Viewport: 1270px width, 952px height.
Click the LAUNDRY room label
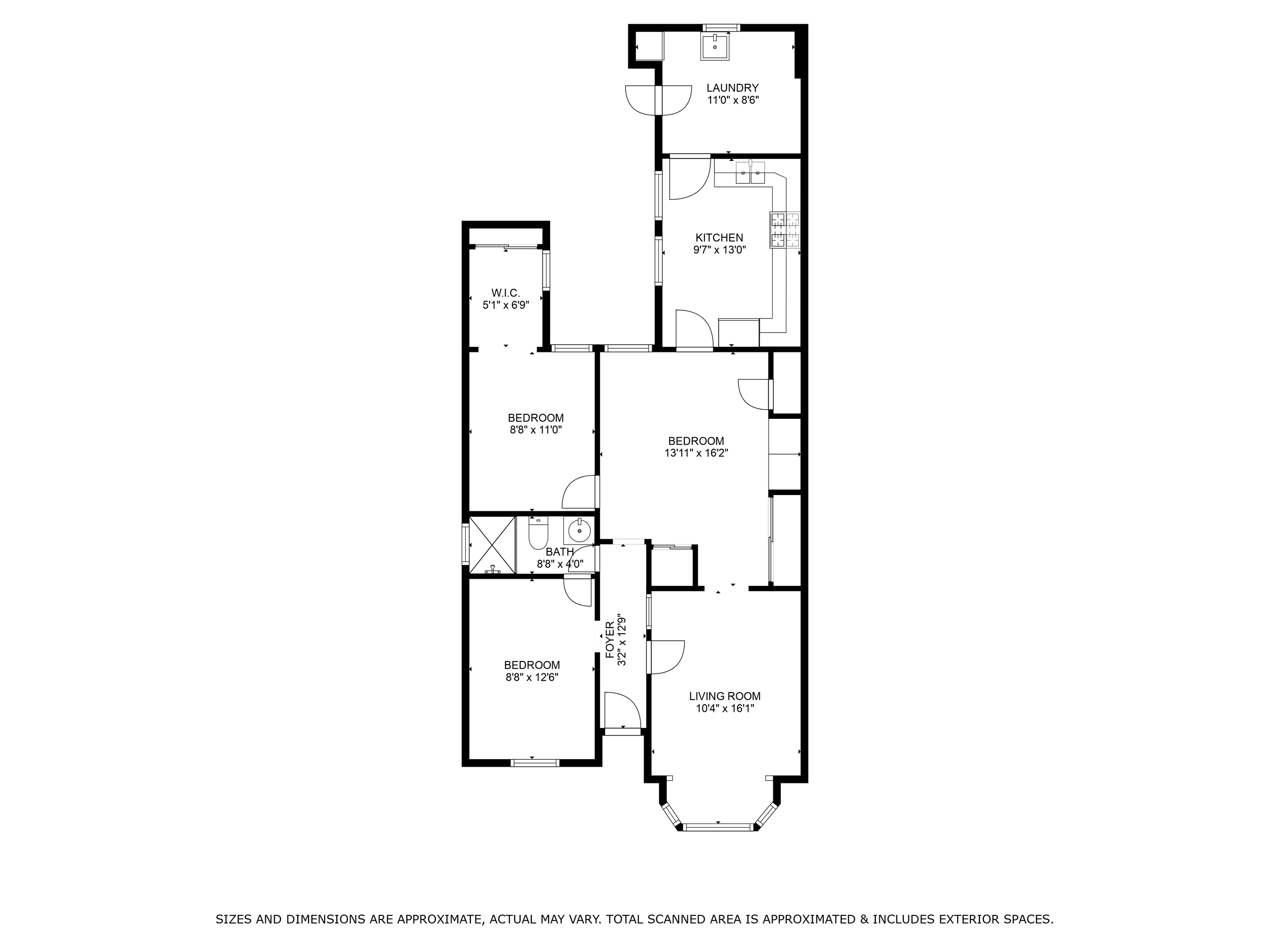click(x=732, y=88)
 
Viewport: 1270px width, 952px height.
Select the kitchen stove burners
click(x=785, y=230)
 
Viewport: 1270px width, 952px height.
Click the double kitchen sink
click(x=750, y=173)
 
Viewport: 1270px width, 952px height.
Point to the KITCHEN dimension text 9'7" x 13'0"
click(x=719, y=250)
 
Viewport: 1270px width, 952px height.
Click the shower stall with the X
click(x=493, y=545)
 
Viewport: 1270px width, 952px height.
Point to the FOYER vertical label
click(x=610, y=640)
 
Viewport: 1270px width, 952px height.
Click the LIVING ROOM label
click(x=724, y=696)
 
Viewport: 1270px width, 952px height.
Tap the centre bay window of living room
click(x=718, y=827)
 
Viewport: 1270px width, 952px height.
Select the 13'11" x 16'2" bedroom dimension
click(x=696, y=453)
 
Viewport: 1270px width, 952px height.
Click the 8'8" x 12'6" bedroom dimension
click(x=532, y=677)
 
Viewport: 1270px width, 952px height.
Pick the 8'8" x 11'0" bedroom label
click(x=535, y=418)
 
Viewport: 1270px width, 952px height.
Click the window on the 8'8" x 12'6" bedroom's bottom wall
click(x=534, y=763)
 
